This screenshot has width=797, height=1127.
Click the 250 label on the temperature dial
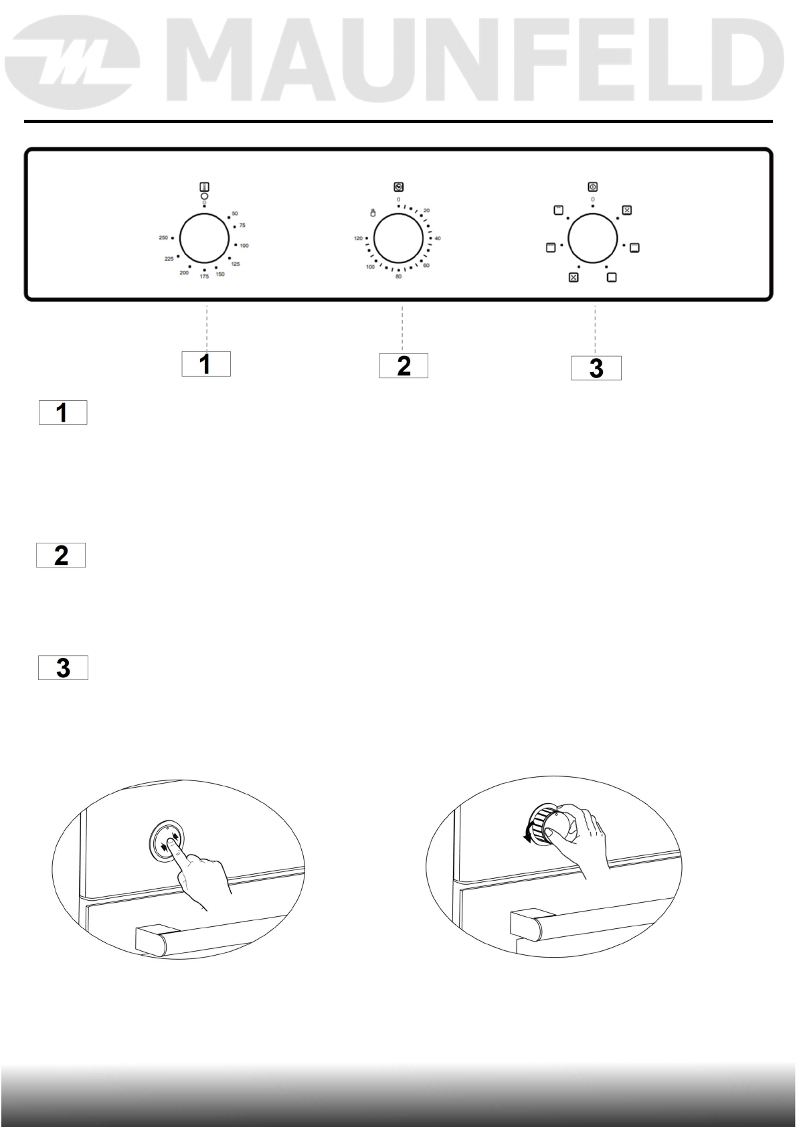[x=163, y=238]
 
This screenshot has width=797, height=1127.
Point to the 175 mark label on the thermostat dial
[x=204, y=276]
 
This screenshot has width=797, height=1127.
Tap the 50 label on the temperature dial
[x=234, y=213]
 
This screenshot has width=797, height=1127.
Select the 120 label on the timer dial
[x=358, y=238]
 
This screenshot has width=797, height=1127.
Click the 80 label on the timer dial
[x=398, y=277]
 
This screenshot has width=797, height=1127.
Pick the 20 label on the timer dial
[x=426, y=211]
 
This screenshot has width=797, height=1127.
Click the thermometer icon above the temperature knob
[x=204, y=187]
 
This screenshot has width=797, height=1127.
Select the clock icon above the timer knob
[x=398, y=187]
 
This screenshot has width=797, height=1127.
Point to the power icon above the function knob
[x=592, y=187]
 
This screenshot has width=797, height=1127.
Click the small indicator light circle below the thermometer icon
[x=204, y=196]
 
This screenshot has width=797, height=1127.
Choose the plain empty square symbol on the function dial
[x=612, y=277]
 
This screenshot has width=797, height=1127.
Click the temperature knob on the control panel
[x=204, y=239]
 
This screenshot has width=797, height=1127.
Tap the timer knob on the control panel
[x=398, y=239]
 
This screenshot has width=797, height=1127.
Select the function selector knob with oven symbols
[x=592, y=239]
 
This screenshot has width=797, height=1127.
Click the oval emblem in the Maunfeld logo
[x=72, y=65]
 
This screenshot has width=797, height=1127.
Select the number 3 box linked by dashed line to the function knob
[x=596, y=368]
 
